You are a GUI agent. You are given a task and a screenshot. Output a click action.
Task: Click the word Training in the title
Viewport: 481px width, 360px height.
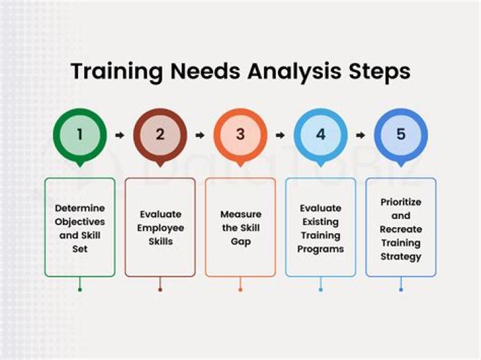(111, 71)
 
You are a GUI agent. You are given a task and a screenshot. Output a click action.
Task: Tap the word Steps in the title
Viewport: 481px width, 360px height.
(376, 71)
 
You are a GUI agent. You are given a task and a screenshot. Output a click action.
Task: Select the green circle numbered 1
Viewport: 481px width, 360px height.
(79, 134)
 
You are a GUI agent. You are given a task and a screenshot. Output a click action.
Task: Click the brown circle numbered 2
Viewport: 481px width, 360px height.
(160, 134)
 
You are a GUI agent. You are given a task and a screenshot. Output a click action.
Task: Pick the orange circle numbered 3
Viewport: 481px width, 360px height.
(240, 134)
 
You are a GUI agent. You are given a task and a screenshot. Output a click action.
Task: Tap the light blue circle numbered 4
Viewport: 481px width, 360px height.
(321, 134)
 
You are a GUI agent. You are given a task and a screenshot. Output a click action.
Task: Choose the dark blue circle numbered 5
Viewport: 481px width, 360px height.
(401, 134)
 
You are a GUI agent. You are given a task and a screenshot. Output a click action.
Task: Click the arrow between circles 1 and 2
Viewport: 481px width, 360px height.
(120, 135)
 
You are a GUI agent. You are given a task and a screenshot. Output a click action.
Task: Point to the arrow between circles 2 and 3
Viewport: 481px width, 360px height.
(200, 135)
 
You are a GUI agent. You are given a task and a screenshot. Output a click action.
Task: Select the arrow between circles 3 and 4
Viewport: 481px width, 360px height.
(281, 135)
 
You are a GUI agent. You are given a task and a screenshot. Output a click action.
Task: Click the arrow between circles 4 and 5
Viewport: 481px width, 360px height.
(361, 135)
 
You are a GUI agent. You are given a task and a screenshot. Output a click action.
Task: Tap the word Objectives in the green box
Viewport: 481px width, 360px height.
(79, 221)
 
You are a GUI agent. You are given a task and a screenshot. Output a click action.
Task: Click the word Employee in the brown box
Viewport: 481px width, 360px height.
(160, 228)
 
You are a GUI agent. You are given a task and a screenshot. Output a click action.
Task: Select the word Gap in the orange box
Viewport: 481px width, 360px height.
(240, 241)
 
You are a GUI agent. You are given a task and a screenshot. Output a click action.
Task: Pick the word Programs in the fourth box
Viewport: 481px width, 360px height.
(321, 249)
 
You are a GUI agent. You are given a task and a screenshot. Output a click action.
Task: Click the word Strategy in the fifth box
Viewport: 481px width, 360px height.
(401, 256)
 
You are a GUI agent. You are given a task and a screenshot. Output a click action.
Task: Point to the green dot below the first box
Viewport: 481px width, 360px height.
(79, 289)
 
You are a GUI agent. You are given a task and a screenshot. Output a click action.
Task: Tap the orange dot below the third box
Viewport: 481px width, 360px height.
(240, 289)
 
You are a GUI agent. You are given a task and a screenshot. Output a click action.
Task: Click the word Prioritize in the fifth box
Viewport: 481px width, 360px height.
(401, 202)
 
